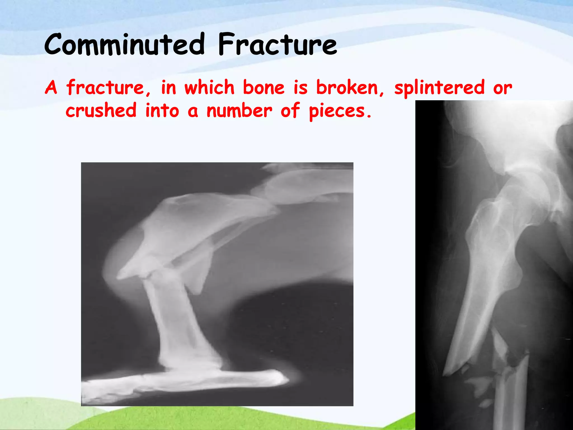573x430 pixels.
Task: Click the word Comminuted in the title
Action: click(125, 44)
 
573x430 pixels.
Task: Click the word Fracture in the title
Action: click(277, 44)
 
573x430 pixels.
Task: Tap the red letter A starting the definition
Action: click(51, 88)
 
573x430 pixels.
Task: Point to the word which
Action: click(209, 88)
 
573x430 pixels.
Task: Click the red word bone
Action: click(264, 88)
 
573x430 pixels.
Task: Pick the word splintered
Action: click(439, 88)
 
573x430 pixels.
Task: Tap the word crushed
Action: click(101, 111)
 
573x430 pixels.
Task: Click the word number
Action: click(239, 111)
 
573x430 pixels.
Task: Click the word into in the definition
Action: click(162, 111)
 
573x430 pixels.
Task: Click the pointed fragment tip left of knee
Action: click(120, 277)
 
